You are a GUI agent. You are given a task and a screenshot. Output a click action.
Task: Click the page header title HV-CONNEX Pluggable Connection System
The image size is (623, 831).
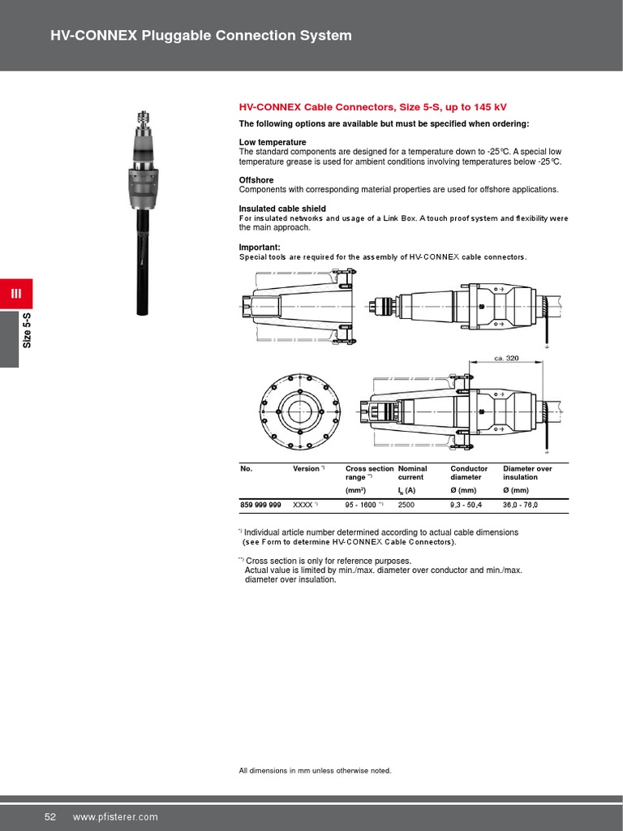point(201,36)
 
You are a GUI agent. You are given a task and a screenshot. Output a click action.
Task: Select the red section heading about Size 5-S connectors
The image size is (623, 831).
point(372,107)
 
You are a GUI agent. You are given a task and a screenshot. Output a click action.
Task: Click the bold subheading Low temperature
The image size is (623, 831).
point(272,142)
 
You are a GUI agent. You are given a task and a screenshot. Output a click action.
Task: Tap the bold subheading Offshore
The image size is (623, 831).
point(256,180)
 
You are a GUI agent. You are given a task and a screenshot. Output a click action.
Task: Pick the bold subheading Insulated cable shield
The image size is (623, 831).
point(281,209)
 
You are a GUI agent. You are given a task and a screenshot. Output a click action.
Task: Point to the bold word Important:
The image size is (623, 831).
point(259,247)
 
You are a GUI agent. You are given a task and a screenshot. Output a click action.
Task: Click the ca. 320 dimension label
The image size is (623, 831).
point(506,358)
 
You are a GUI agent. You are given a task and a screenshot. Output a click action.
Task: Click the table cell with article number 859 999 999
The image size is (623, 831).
point(260,505)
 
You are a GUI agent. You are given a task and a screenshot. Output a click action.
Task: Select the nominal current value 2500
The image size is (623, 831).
point(406,505)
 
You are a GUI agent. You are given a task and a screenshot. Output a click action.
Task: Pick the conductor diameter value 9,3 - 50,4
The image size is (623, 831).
point(466,505)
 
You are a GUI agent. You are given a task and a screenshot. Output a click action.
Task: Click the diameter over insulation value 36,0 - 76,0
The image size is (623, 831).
point(520,505)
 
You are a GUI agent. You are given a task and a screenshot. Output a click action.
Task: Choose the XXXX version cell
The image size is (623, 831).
point(304,505)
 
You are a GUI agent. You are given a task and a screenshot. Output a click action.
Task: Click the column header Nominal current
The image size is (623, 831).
point(412,473)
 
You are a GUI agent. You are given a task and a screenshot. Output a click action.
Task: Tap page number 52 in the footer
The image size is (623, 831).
point(49,816)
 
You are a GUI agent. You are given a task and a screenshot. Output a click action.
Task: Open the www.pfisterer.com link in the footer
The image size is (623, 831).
point(115,816)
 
